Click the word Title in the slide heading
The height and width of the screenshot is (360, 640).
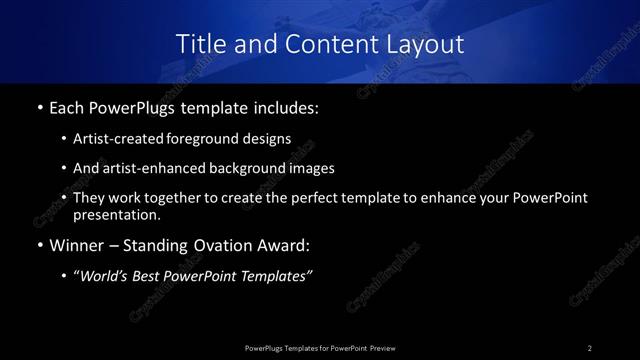coord(200,44)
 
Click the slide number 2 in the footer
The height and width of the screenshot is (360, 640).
coord(590,347)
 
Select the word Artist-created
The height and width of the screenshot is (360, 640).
coord(115,140)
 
